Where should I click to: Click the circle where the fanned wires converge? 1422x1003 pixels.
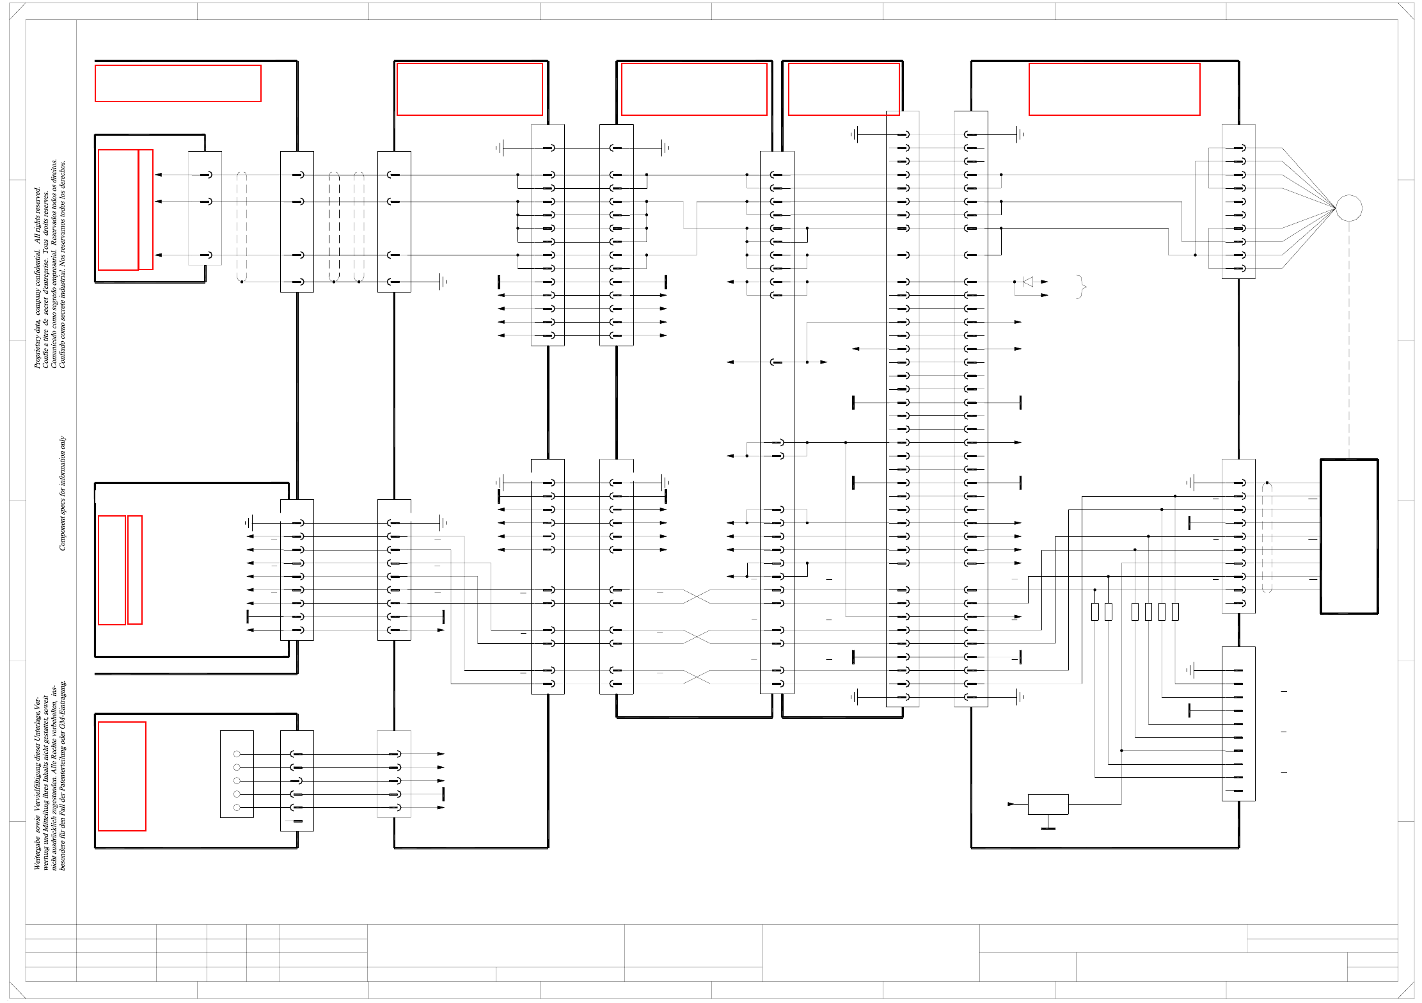click(x=1348, y=208)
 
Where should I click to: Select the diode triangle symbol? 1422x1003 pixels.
click(x=1027, y=282)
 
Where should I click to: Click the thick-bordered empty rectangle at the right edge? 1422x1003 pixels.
click(x=1349, y=536)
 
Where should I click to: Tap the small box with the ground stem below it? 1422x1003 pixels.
click(x=1048, y=804)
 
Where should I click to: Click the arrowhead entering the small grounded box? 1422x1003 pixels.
click(x=1011, y=804)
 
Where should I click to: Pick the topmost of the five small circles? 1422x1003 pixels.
click(x=237, y=754)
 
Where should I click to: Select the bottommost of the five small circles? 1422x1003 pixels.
click(x=237, y=808)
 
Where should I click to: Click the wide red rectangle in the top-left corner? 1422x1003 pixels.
click(x=178, y=83)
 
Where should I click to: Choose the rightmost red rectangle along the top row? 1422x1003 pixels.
click(x=1114, y=89)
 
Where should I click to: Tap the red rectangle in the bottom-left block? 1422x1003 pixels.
click(x=122, y=776)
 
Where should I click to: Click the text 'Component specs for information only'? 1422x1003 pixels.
click(x=62, y=493)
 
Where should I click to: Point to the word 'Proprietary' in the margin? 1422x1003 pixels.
click(x=37, y=349)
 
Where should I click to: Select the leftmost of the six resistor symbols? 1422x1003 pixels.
click(x=1094, y=612)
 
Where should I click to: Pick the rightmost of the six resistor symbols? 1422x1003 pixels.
click(x=1175, y=612)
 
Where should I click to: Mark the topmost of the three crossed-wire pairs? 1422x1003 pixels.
click(x=697, y=597)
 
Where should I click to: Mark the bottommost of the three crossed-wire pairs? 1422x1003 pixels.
click(x=697, y=677)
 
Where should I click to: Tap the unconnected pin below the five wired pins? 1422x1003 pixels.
click(x=297, y=821)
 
